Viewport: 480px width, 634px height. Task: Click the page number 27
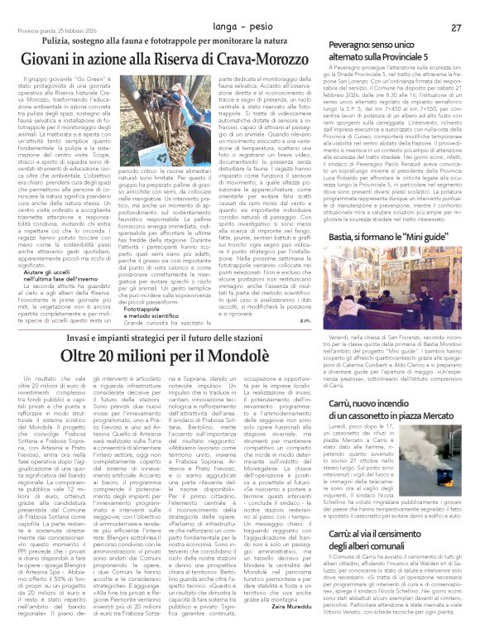(455, 6)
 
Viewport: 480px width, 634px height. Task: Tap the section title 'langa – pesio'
(239, 7)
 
